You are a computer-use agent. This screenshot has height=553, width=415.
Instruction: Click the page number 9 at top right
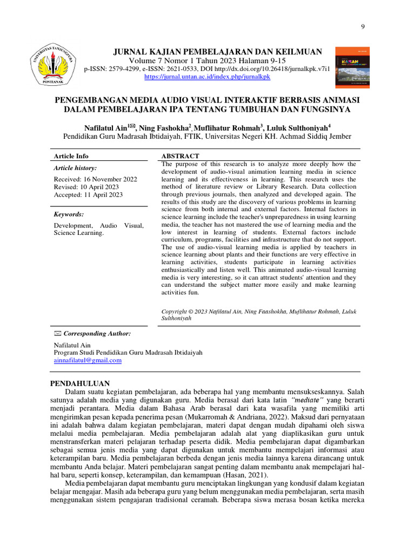[x=362, y=27]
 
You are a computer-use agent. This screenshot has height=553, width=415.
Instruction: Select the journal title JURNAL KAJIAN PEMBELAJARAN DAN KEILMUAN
[x=217, y=52]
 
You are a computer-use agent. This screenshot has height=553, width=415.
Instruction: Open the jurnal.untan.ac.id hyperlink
[x=207, y=77]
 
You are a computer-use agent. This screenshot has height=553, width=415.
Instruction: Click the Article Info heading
[x=71, y=156]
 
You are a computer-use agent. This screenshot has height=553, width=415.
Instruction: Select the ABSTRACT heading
[x=180, y=156]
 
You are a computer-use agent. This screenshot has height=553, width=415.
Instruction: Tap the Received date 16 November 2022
[x=96, y=179]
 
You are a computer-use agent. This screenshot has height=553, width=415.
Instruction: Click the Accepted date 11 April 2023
[x=88, y=195]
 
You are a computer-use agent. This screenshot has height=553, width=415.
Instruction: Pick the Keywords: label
[x=69, y=214]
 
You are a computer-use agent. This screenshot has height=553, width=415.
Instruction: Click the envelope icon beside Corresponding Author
[x=58, y=334]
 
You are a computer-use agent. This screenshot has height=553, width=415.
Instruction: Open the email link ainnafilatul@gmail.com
[x=88, y=360]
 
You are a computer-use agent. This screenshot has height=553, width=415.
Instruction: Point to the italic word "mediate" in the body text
[x=306, y=400]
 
